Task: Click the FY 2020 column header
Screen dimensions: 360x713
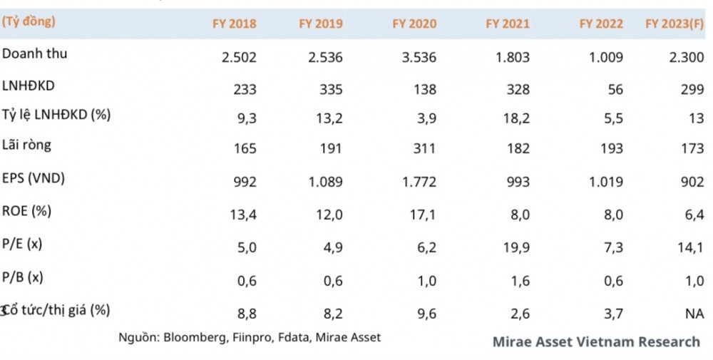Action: point(414,24)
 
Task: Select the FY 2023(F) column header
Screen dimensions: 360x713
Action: point(674,24)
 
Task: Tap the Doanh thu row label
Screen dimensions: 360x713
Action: point(35,54)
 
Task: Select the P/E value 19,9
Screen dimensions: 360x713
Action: point(516,247)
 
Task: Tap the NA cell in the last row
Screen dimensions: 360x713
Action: point(693,313)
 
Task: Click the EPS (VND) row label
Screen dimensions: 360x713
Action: point(34,178)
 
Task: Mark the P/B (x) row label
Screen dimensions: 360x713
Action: point(22,277)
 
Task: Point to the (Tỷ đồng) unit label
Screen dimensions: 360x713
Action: point(29,21)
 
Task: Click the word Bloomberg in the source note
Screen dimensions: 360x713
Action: point(197,337)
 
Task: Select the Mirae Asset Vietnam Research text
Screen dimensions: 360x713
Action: point(596,341)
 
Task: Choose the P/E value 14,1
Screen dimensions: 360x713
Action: point(691,247)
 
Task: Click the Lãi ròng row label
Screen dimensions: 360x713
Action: point(27,145)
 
